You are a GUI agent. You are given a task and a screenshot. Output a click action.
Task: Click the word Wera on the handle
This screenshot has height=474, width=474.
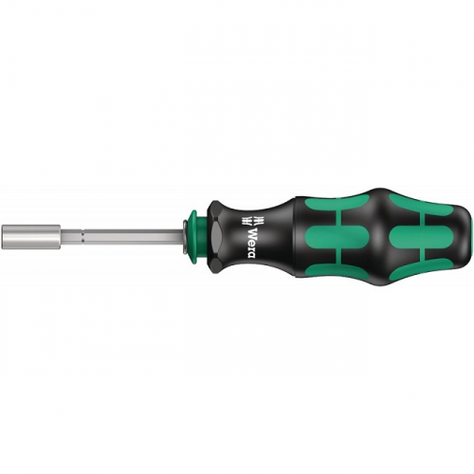[252, 243]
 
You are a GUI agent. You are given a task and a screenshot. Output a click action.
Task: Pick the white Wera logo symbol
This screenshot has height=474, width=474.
[252, 221]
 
